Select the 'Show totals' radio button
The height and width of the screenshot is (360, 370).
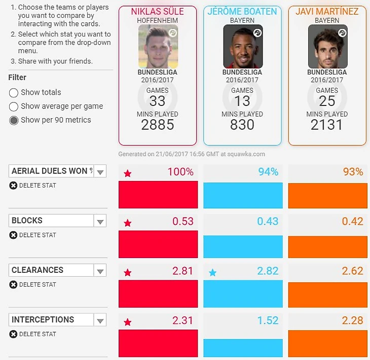[14, 93]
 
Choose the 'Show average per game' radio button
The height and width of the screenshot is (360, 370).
[14, 106]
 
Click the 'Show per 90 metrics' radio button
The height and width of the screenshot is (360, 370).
[14, 120]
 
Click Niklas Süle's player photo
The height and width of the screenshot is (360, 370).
[158, 47]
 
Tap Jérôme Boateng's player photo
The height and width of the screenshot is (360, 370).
[243, 47]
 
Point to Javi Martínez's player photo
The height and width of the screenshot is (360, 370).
[327, 47]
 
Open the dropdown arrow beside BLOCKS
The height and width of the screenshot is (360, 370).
[100, 221]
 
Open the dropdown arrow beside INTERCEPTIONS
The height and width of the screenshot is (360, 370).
[100, 320]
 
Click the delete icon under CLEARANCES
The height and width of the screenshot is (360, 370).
[14, 284]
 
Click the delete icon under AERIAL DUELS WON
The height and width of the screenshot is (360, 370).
[14, 186]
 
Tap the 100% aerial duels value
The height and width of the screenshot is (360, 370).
[180, 172]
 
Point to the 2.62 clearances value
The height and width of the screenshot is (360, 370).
[352, 271]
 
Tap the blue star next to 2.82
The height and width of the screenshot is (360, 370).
[213, 273]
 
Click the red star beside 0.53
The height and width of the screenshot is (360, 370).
[128, 223]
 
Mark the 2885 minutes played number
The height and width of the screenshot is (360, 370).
[158, 125]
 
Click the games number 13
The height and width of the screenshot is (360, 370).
[242, 101]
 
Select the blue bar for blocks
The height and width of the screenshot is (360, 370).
[243, 246]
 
